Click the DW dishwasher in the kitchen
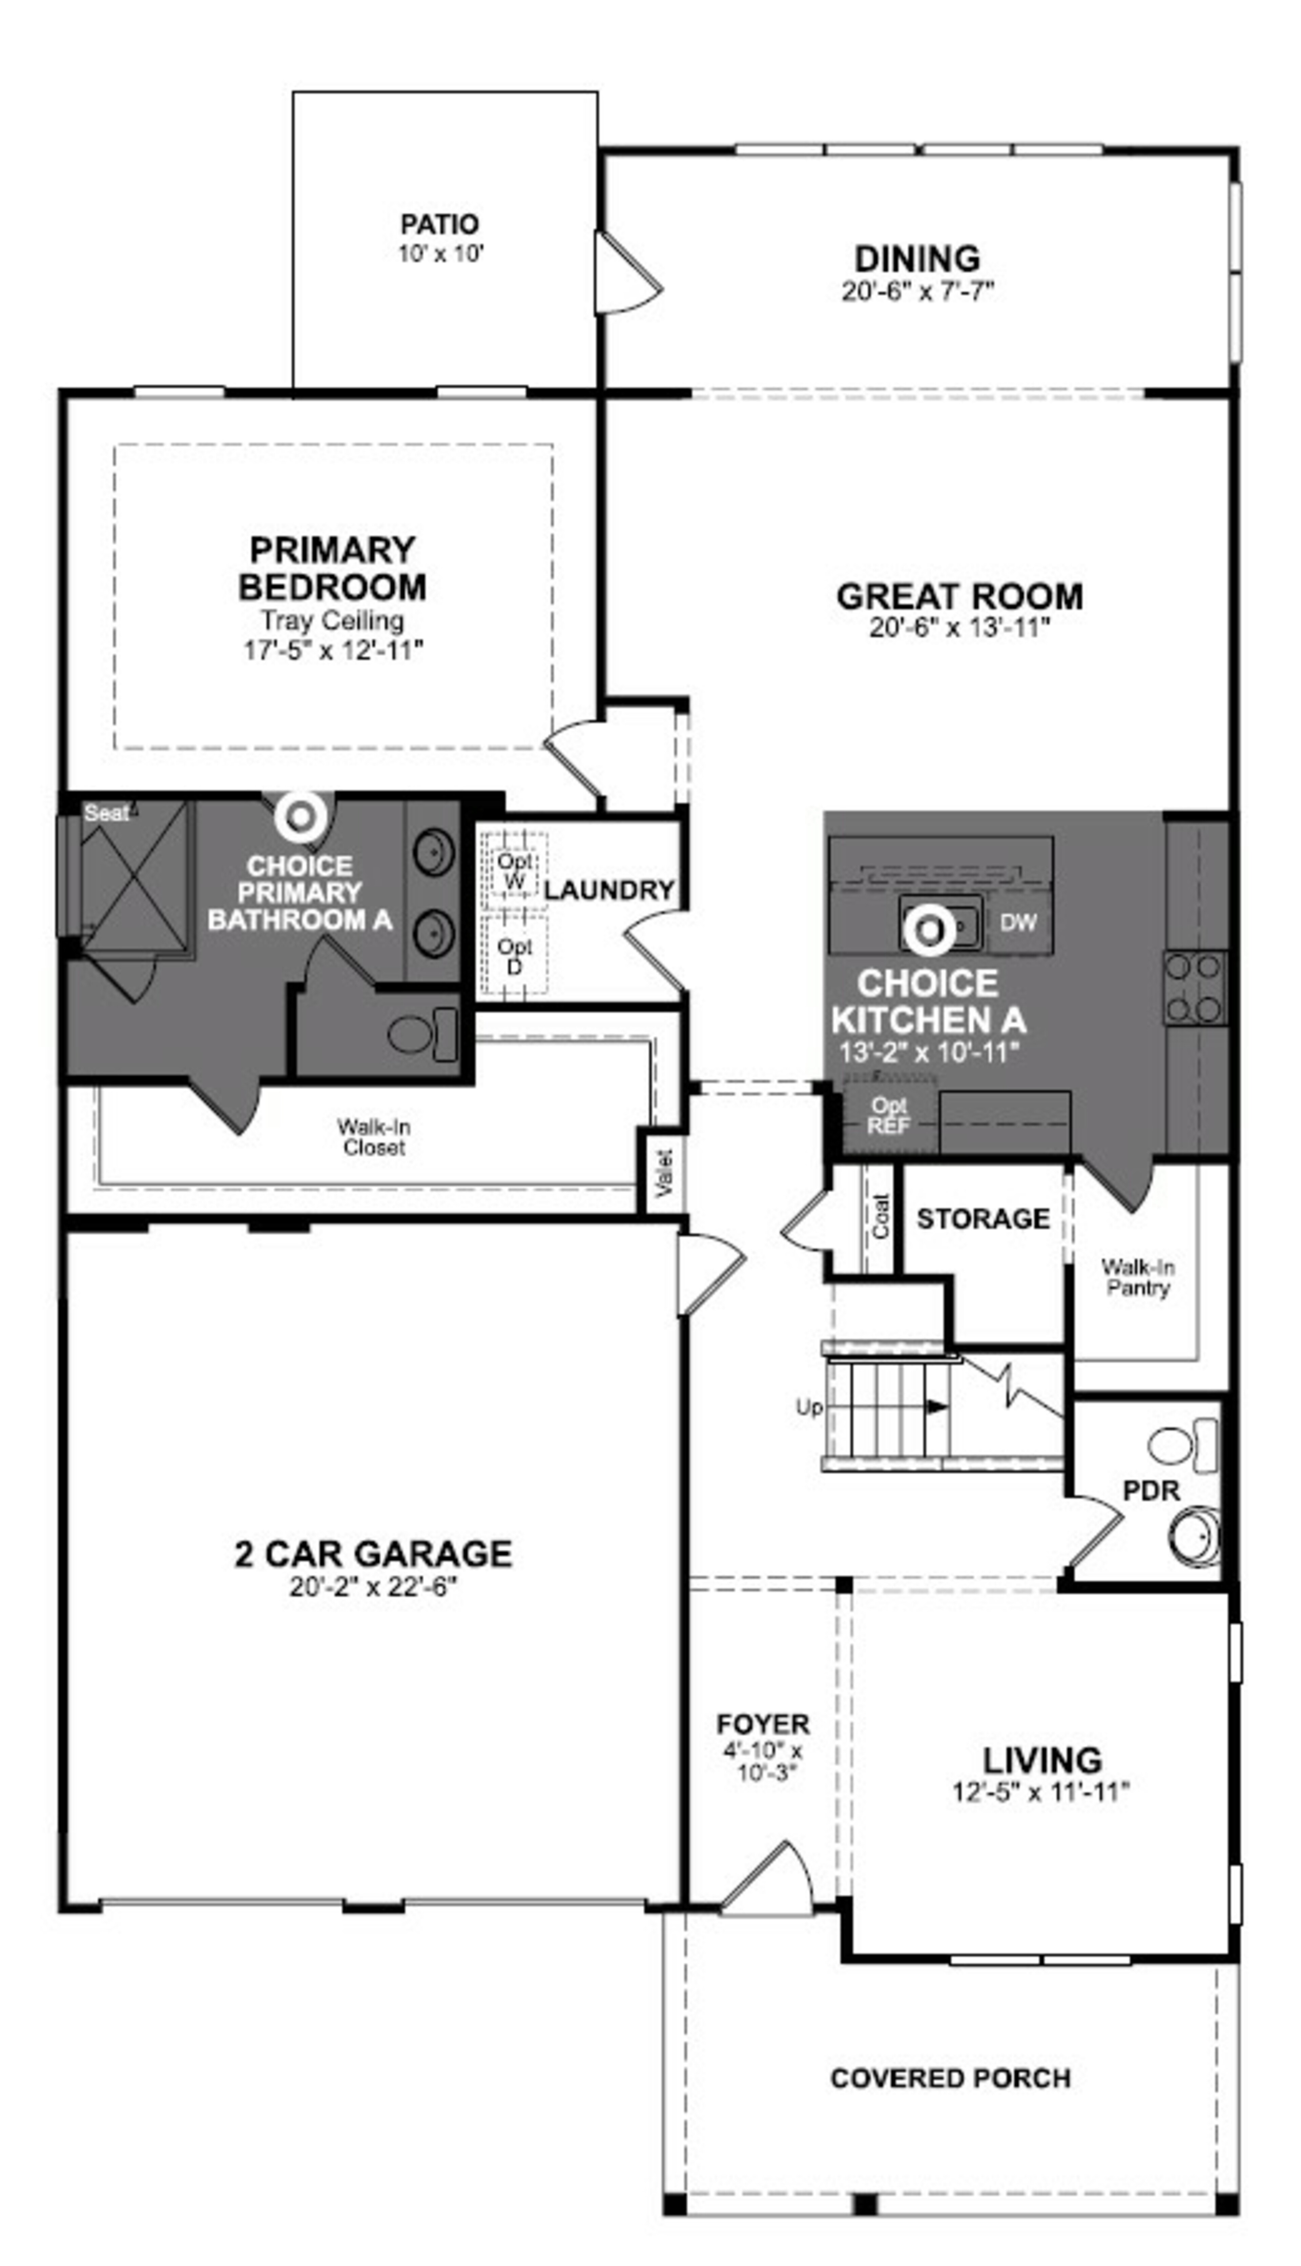point(1018,922)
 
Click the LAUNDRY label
point(608,890)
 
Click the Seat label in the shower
point(106,813)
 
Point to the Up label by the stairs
point(809,1407)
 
